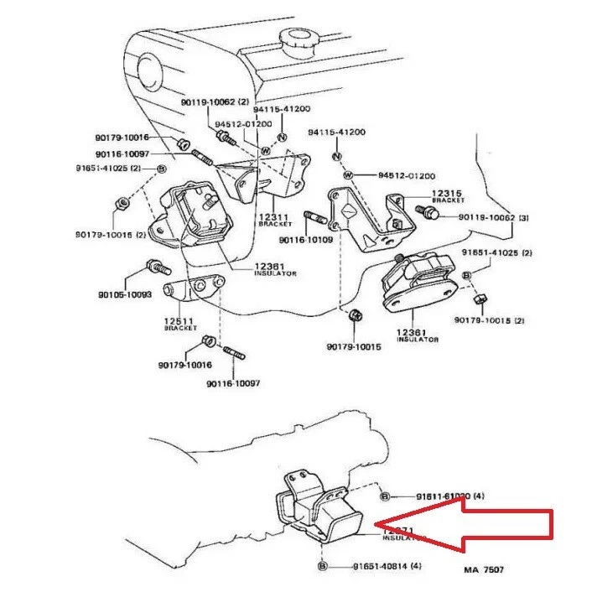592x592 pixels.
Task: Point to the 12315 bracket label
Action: pyautogui.click(x=447, y=196)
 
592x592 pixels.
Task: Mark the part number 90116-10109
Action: pyautogui.click(x=306, y=240)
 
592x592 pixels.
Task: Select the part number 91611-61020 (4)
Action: pyautogui.click(x=449, y=496)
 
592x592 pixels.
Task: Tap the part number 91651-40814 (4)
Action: pyautogui.click(x=387, y=567)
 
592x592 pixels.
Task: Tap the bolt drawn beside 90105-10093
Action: pyautogui.click(x=157, y=268)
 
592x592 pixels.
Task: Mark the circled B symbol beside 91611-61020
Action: pyautogui.click(x=385, y=496)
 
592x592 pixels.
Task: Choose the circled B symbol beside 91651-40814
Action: pyautogui.click(x=322, y=568)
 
